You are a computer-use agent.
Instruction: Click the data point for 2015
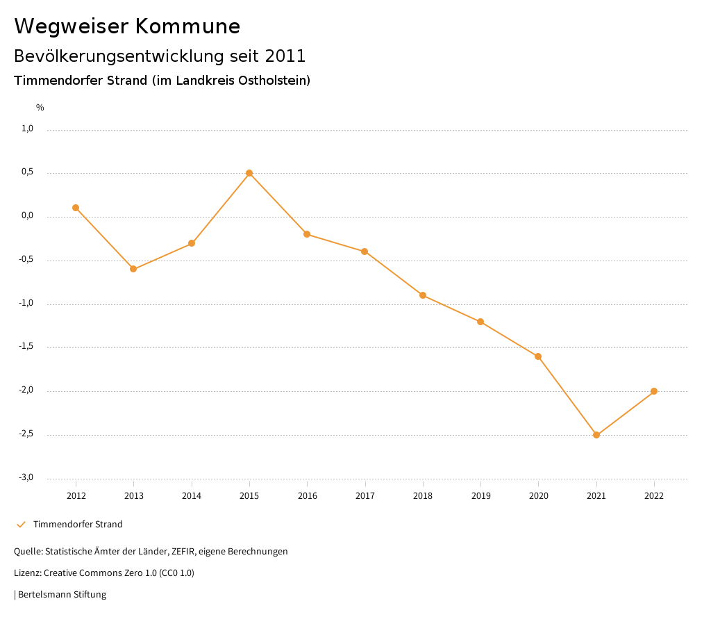249,173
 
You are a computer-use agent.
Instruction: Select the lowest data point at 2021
596,435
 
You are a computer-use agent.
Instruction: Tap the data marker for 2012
76,208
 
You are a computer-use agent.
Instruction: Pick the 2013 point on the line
133,269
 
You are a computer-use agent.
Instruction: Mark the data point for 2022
654,391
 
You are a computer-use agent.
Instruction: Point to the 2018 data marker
423,295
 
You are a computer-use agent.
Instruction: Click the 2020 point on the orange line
538,356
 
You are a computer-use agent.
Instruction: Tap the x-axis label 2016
307,496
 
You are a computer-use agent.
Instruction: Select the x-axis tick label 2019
480,496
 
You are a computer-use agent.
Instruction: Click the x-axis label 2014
192,496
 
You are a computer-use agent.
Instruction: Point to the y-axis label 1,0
28,129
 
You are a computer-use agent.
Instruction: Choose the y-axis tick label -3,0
26,477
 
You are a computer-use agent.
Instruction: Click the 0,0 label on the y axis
28,215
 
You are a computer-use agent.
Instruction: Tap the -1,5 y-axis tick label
26,347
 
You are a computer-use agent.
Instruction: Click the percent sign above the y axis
40,108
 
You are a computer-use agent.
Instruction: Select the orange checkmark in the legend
21,525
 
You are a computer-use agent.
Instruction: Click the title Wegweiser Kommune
127,26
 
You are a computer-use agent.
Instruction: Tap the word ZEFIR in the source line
183,552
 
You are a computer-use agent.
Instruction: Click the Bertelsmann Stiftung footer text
62,595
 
